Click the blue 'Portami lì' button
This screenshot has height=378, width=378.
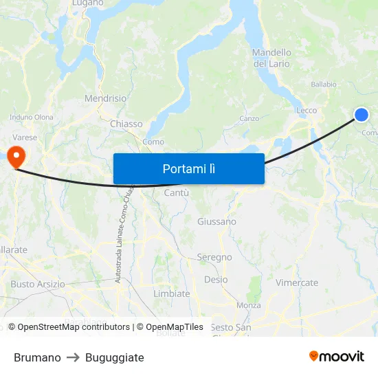(188, 168)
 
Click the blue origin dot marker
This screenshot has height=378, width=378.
(361, 115)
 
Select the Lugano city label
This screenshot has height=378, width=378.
(87, 3)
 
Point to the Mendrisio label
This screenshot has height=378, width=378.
(105, 98)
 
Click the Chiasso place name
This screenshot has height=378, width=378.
(126, 124)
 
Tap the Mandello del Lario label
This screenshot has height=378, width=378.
(271, 58)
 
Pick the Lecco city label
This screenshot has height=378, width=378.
(307, 110)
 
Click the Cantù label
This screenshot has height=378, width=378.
(172, 193)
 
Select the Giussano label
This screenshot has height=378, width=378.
(216, 221)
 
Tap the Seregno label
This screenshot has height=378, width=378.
(214, 257)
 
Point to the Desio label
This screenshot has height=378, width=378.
(216, 280)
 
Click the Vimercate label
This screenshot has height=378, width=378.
(297, 282)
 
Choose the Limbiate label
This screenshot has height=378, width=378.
(172, 293)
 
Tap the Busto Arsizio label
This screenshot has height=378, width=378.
(38, 284)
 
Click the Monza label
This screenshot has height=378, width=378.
(248, 305)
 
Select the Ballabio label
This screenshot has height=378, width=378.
(324, 85)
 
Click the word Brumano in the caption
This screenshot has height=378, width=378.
(37, 357)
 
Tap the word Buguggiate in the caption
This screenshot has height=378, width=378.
(115, 357)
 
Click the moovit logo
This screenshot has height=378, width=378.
(337, 356)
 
